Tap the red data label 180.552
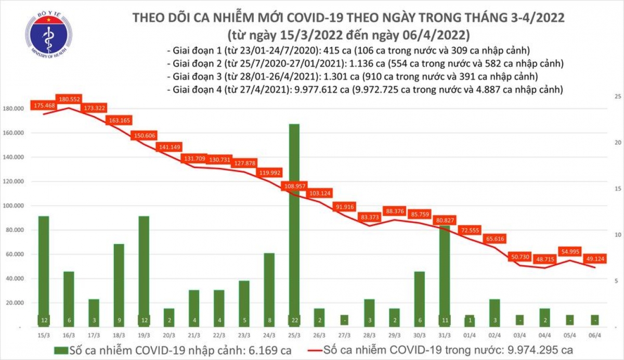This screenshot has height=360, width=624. (x=69, y=99)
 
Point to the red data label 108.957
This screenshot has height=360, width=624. (x=294, y=185)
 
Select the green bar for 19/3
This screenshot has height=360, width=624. (x=144, y=271)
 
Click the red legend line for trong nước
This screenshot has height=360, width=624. (x=308, y=349)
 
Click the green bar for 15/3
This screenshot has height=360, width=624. (x=44, y=271)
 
